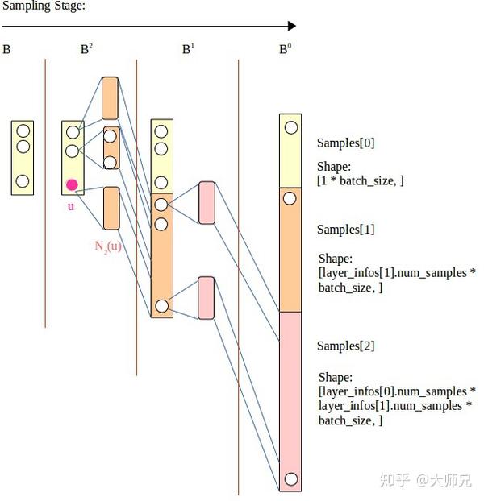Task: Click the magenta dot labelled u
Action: pos(72,185)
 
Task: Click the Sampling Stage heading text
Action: pos(44,6)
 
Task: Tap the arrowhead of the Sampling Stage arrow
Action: pos(291,26)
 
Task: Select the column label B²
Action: pos(86,49)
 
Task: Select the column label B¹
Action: pos(188,49)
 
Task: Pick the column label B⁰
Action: pos(286,49)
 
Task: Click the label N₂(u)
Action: pos(108,246)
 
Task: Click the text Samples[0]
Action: pos(345,143)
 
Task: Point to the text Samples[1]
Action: pos(345,230)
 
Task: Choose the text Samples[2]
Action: pos(345,346)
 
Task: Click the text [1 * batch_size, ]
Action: pos(360,181)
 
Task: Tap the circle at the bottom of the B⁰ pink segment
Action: pos(290,478)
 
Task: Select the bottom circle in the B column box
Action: pos(23,181)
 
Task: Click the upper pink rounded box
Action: pos(207,202)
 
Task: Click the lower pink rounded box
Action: pos(206,297)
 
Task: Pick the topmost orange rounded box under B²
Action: pos(111,98)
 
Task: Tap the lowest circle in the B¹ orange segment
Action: pos(161,305)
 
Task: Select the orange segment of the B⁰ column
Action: pos(290,250)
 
